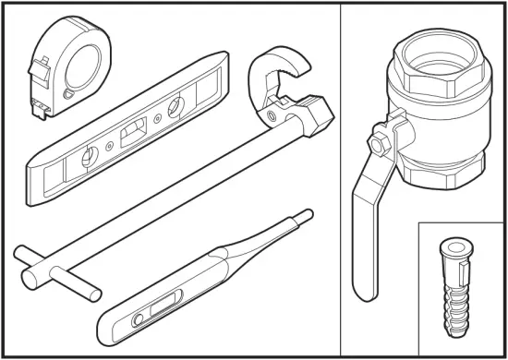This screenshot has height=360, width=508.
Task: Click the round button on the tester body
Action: (139, 319)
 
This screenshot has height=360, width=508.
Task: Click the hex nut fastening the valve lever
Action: (378, 145)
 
